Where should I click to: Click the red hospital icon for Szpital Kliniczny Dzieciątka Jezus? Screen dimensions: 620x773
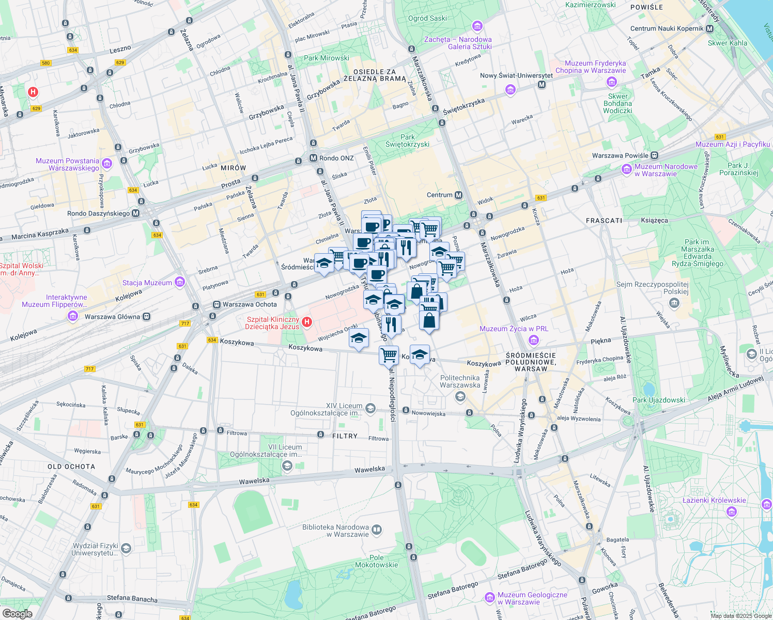click(307, 322)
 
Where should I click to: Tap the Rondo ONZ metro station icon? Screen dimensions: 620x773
click(313, 158)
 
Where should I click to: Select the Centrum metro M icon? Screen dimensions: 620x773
click(458, 195)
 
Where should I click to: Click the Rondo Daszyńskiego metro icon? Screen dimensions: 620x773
click(136, 213)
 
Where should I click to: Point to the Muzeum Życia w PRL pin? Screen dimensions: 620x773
click(534, 340)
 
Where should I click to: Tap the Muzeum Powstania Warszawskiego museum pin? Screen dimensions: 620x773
click(107, 164)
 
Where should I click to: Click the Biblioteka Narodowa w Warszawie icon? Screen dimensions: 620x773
click(377, 530)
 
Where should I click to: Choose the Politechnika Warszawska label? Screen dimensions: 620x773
click(460, 381)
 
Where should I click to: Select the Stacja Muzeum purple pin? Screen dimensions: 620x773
click(180, 282)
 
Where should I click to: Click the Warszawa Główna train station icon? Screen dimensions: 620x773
click(147, 316)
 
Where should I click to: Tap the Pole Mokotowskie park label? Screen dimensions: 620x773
click(377, 561)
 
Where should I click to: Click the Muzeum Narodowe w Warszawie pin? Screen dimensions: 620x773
click(627, 169)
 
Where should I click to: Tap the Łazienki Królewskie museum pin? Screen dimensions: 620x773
click(731, 512)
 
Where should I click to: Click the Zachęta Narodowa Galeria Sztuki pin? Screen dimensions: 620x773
click(477, 26)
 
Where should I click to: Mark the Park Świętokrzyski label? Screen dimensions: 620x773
click(407, 141)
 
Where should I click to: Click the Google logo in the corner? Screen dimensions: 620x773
click(17, 613)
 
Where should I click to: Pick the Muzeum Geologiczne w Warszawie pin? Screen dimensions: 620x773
click(489, 598)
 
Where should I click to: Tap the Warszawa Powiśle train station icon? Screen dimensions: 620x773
click(655, 155)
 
